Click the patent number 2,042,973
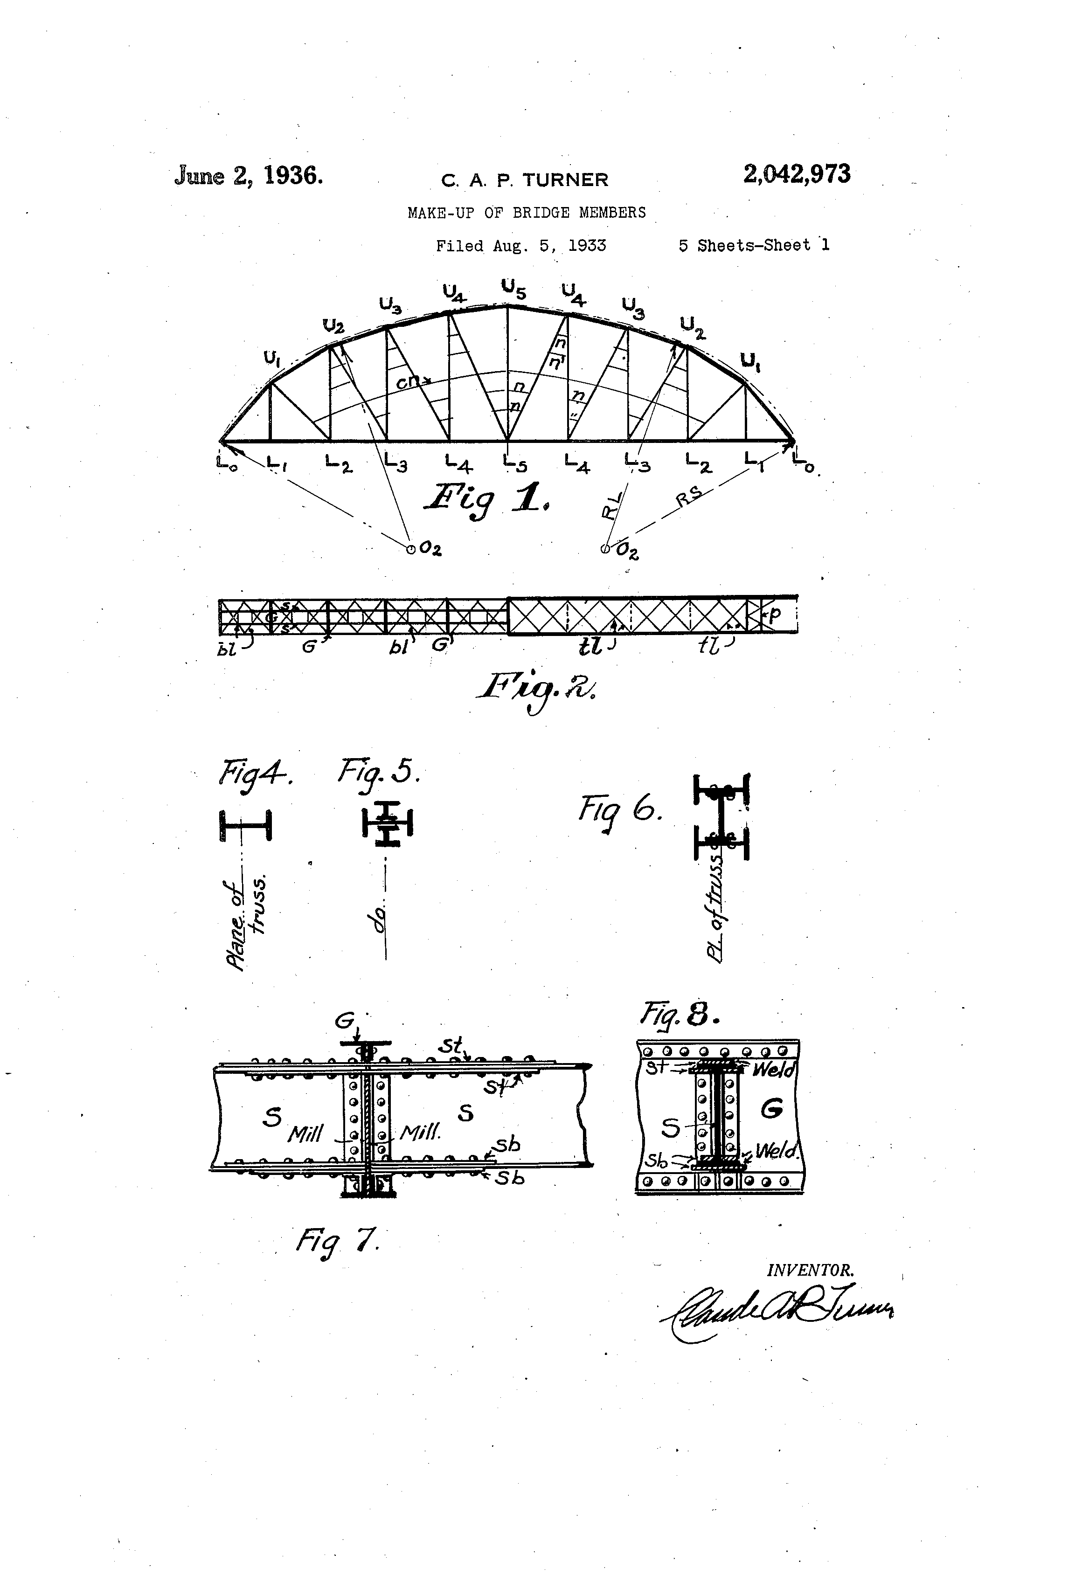tap(797, 174)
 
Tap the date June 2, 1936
tap(248, 176)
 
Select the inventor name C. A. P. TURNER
tap(525, 180)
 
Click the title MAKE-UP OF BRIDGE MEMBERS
tap(526, 213)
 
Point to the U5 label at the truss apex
tap(513, 289)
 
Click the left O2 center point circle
tap(411, 548)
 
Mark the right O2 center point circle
tap(604, 548)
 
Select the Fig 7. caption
tap(337, 1238)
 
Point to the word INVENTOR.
tap(811, 1271)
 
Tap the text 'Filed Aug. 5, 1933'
tap(521, 245)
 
